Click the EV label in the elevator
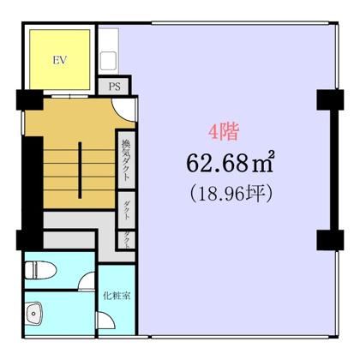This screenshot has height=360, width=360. pyautogui.click(x=60, y=61)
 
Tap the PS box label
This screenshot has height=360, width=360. pyautogui.click(x=112, y=87)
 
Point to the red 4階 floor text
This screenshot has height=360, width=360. pyautogui.click(x=225, y=133)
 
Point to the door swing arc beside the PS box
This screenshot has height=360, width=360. pyautogui.click(x=125, y=110)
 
